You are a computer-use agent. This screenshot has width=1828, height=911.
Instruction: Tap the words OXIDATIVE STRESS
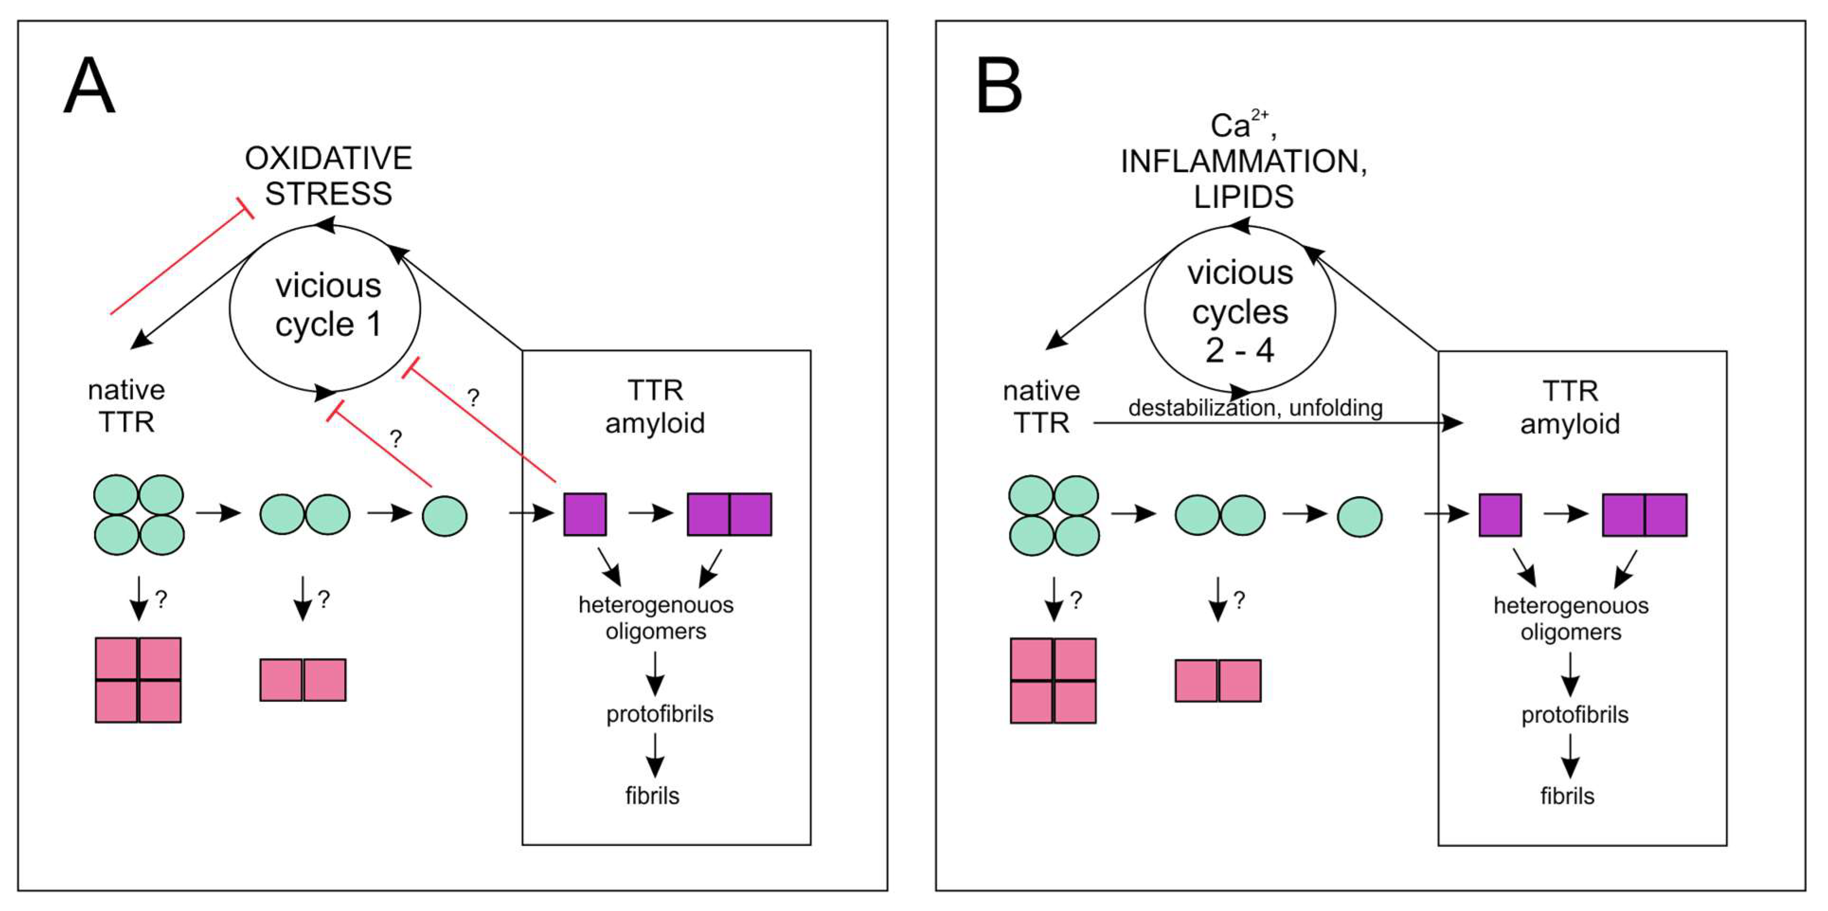coord(329,175)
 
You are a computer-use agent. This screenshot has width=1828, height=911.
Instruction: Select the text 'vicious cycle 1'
coord(329,305)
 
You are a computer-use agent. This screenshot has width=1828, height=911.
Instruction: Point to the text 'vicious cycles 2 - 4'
coord(1240,311)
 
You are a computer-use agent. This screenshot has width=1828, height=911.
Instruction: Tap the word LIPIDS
coord(1243,197)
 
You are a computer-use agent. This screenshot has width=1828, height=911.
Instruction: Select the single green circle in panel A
coord(444,516)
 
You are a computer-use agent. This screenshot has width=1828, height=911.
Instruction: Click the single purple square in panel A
coord(585,514)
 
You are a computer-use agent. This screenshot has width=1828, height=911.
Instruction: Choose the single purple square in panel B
coord(1500,515)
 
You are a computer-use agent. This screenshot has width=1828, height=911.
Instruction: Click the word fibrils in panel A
coord(652,795)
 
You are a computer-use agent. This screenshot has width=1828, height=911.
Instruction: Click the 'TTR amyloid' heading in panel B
coord(1569,407)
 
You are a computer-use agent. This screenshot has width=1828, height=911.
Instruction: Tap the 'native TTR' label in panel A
coord(126,406)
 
